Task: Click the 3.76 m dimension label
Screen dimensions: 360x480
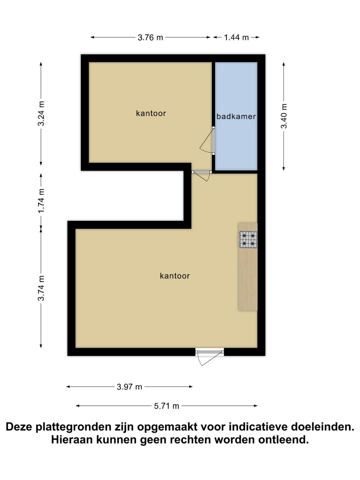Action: (150, 37)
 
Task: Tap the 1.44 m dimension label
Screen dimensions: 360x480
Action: (236, 37)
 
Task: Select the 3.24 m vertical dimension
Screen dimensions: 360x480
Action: (41, 113)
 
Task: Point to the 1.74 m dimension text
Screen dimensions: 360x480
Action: (41, 201)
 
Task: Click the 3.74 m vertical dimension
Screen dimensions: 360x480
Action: (41, 288)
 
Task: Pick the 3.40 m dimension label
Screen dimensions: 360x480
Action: (284, 116)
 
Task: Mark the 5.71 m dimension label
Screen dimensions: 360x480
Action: (166, 406)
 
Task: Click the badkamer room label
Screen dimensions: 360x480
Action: (236, 116)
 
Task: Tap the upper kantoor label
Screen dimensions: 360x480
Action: (151, 113)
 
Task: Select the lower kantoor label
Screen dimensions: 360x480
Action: (175, 276)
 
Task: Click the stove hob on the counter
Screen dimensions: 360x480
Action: (248, 240)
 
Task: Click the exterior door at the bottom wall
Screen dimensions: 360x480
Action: (209, 356)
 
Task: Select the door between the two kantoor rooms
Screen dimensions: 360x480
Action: (201, 175)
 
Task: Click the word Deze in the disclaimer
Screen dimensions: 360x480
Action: (19, 427)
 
